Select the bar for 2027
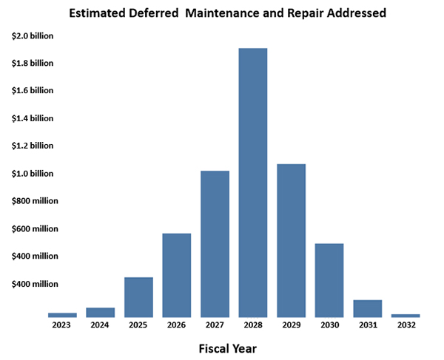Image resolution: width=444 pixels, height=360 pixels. click(215, 244)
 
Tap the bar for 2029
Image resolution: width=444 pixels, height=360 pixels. click(291, 240)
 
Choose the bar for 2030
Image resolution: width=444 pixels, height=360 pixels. click(329, 280)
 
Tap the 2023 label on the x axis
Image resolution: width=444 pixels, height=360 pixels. click(62, 324)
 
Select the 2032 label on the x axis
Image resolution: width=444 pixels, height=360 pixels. click(406, 324)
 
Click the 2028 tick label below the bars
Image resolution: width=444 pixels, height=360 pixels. click(253, 324)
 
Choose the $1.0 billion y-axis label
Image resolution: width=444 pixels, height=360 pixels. click(33, 174)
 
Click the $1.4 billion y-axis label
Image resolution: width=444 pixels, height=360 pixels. click(33, 118)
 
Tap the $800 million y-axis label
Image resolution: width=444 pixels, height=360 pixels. click(35, 201)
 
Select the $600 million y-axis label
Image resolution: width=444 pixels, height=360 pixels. click(35, 228)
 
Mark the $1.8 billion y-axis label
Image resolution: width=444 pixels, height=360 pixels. click(33, 64)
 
